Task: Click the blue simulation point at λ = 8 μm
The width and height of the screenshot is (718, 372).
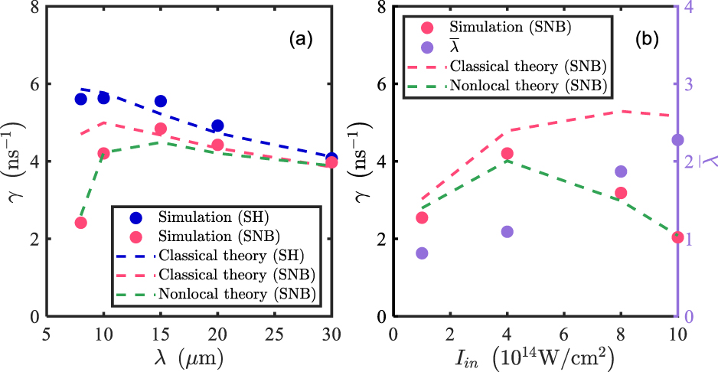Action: [x=80, y=99]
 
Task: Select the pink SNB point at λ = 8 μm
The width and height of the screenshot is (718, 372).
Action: [x=80, y=223]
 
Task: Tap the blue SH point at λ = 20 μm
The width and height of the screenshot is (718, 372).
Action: [x=217, y=126]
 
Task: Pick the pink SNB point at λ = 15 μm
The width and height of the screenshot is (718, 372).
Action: [x=161, y=129]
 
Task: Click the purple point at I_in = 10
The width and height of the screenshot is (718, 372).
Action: [x=677, y=140]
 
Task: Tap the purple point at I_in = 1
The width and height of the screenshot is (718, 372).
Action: [x=422, y=253]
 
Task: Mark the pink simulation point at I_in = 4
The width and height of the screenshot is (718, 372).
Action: [x=507, y=154]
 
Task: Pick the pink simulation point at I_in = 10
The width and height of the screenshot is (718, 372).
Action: [x=677, y=237]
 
